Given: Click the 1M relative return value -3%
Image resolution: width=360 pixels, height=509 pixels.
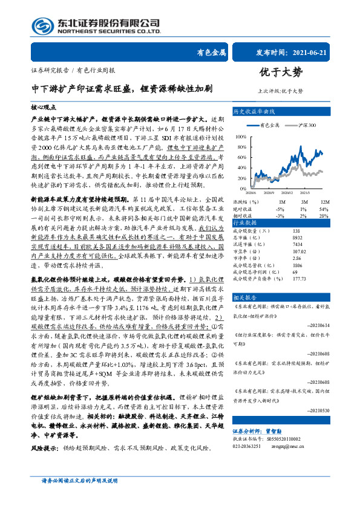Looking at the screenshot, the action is point(280,216).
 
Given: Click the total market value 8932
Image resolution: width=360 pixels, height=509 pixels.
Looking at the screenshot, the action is point(297,238).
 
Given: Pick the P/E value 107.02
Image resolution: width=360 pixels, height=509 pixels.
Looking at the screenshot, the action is point(299,251).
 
